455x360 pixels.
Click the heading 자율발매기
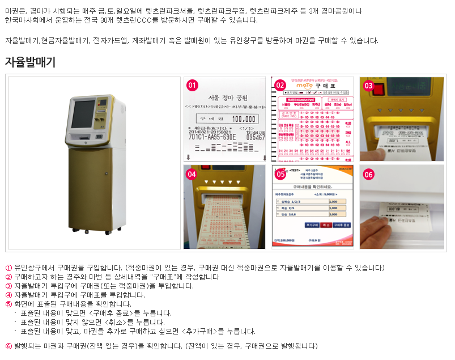(x=30, y=62)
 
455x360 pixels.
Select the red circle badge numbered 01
(x=192, y=86)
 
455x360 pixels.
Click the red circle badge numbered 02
(x=280, y=86)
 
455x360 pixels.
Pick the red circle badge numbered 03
(x=368, y=86)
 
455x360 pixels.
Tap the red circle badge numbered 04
(x=192, y=174)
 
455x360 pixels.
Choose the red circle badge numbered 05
(x=280, y=174)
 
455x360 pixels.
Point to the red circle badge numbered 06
(x=368, y=174)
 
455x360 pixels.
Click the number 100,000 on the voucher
(x=243, y=119)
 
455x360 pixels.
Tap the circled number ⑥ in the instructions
(x=8, y=346)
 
